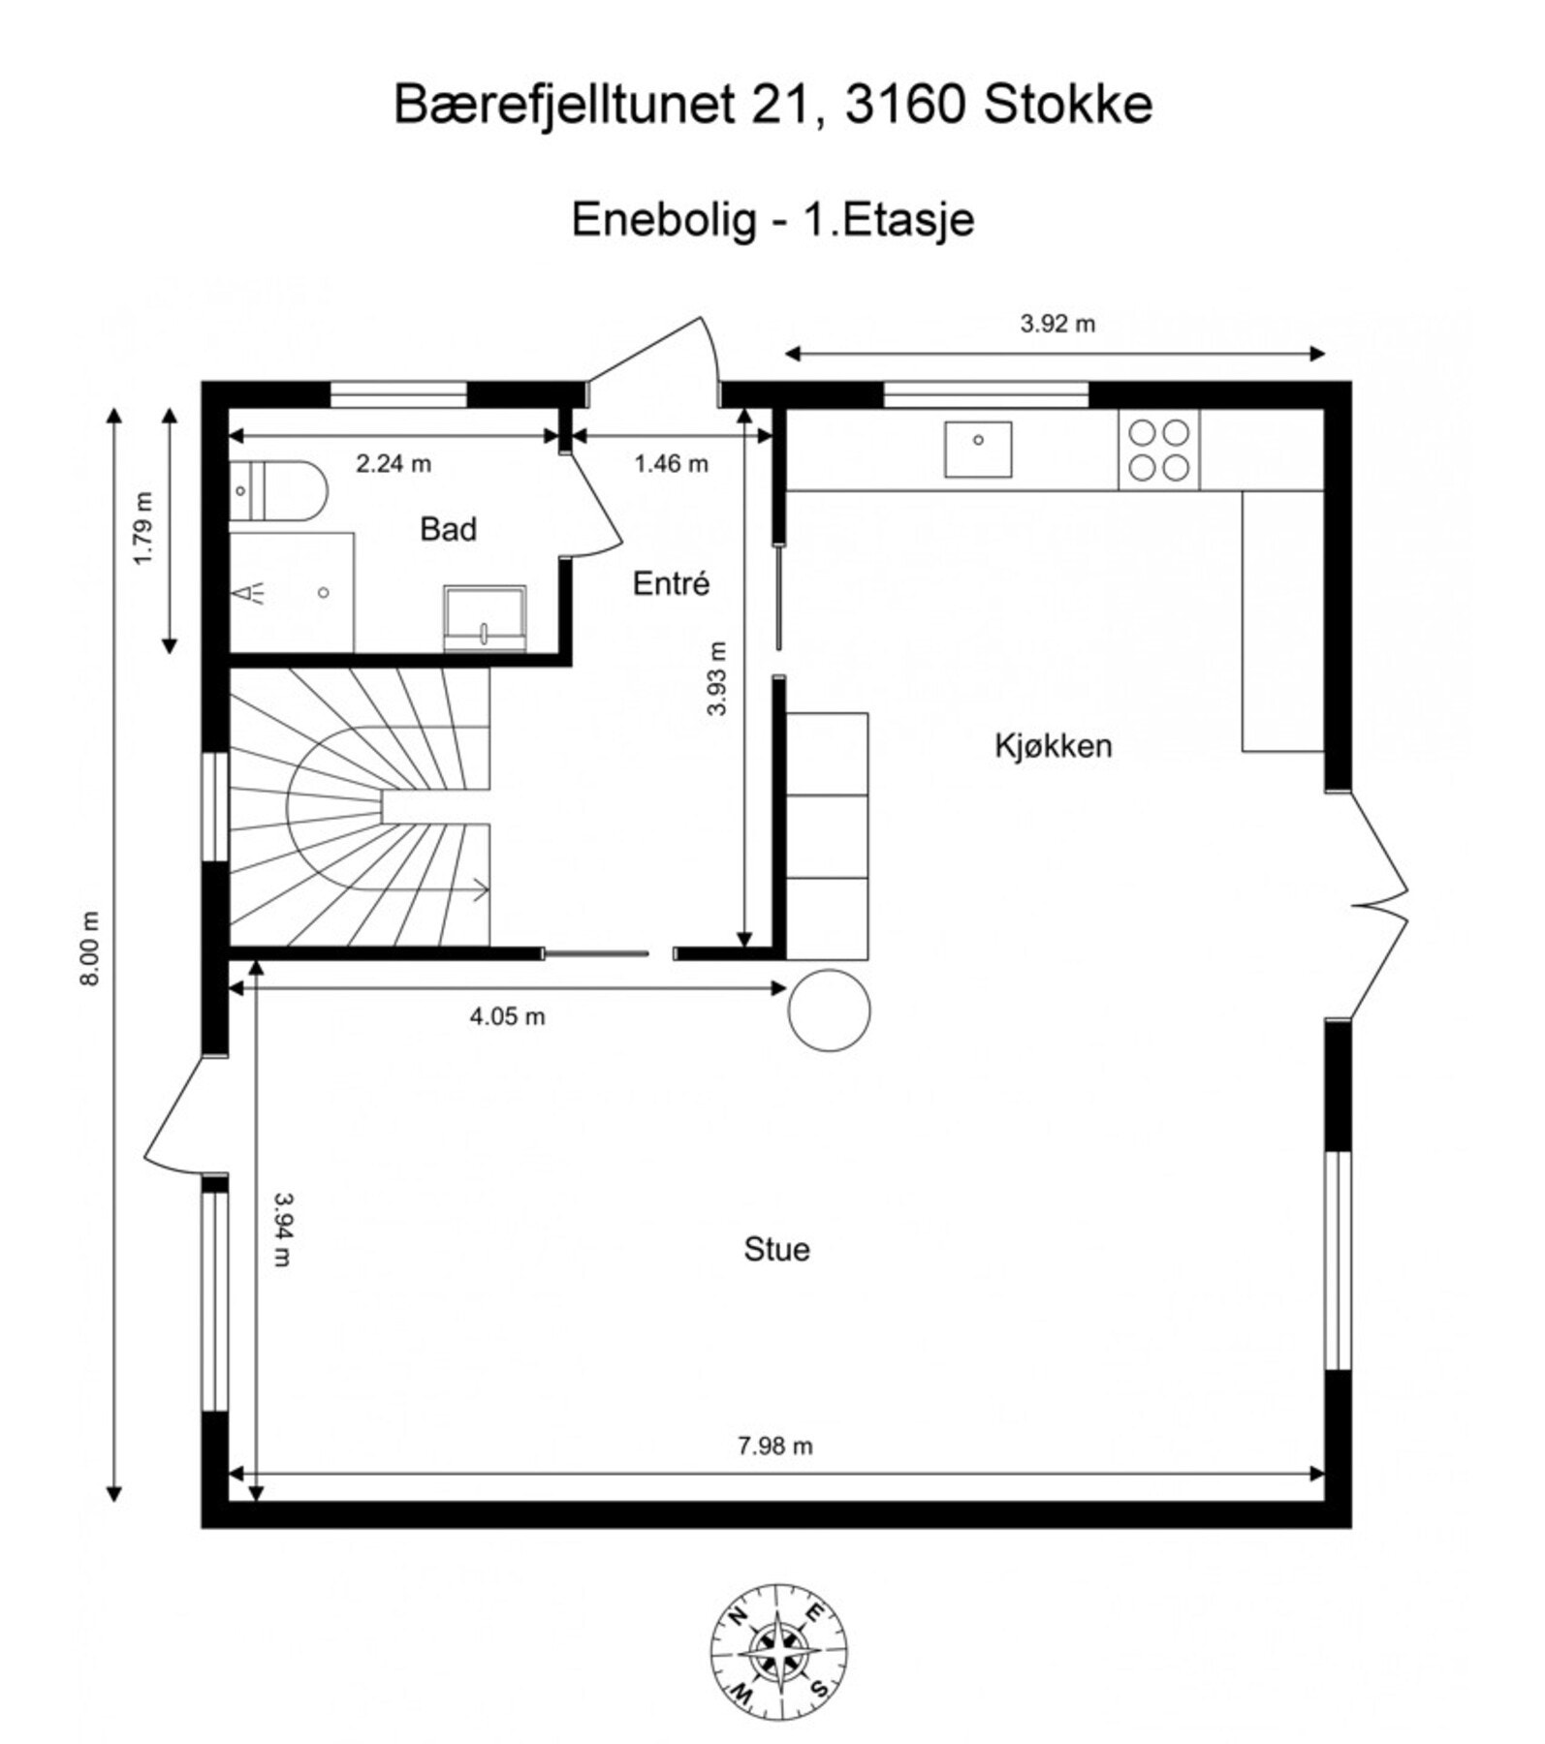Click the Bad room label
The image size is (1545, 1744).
[x=448, y=530]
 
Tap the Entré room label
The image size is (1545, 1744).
[x=671, y=584]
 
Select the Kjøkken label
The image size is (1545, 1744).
[x=1053, y=746]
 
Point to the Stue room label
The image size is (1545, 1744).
[x=776, y=1250]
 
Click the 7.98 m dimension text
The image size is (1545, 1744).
[x=774, y=1447]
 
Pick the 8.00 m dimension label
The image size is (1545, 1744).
[x=90, y=949]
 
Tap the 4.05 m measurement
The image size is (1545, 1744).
[x=507, y=1016]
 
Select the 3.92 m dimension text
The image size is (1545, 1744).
[x=1056, y=325]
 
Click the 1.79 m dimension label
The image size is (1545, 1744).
[x=142, y=529]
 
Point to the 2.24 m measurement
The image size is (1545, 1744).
[x=393, y=464]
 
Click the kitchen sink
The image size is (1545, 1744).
[x=978, y=450]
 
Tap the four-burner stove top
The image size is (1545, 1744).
[x=1159, y=450]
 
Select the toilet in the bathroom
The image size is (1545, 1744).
[x=281, y=491]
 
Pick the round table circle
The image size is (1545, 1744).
[x=829, y=1011]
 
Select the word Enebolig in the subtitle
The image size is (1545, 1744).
[x=663, y=220]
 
